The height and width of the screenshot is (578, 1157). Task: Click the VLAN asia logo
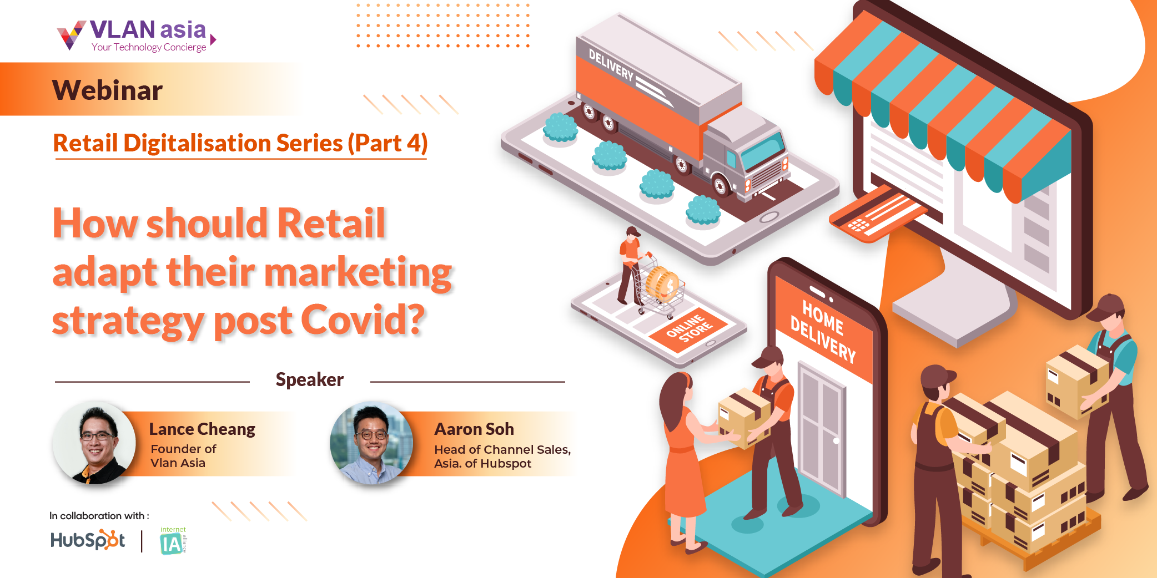click(x=137, y=36)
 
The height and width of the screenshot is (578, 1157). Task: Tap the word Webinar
click(x=107, y=90)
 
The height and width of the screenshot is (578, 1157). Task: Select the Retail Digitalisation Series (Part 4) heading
click(x=240, y=143)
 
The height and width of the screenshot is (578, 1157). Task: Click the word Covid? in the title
click(x=363, y=320)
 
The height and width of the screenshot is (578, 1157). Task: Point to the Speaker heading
click(x=310, y=379)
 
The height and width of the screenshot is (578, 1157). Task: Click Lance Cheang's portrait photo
click(x=94, y=443)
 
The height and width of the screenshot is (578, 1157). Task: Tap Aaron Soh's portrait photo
click(x=371, y=443)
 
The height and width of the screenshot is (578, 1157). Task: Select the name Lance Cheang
click(x=202, y=429)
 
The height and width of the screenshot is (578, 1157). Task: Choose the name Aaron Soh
click(x=474, y=429)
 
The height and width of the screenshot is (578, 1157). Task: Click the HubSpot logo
click(x=88, y=540)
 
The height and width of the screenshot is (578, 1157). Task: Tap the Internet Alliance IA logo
click(x=173, y=541)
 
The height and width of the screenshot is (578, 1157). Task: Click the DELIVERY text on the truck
click(x=611, y=64)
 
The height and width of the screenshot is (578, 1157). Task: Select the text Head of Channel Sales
click(x=502, y=449)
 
